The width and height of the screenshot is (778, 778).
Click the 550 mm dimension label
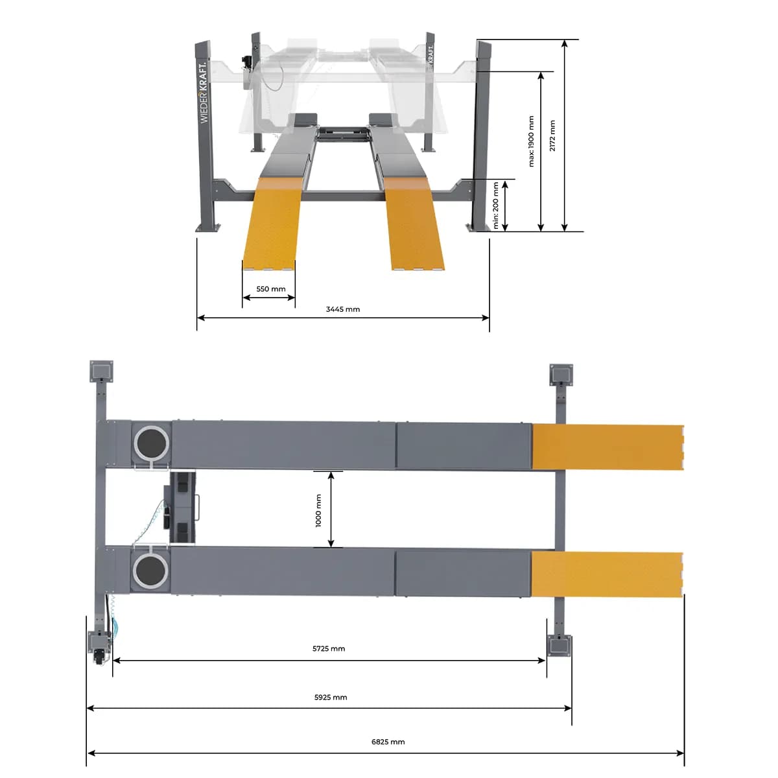pos(270,289)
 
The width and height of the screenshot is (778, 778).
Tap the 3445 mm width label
pos(343,309)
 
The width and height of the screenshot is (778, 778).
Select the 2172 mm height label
pos(552,136)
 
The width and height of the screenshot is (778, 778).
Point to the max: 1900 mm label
pos(532,141)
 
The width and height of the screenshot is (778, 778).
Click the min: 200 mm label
pos(496,206)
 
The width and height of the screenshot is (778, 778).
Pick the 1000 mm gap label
pos(318,510)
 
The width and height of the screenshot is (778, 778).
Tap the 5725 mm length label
pos(329,649)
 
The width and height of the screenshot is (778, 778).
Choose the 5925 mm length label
pos(331,697)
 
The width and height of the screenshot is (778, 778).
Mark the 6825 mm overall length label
pos(388,742)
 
